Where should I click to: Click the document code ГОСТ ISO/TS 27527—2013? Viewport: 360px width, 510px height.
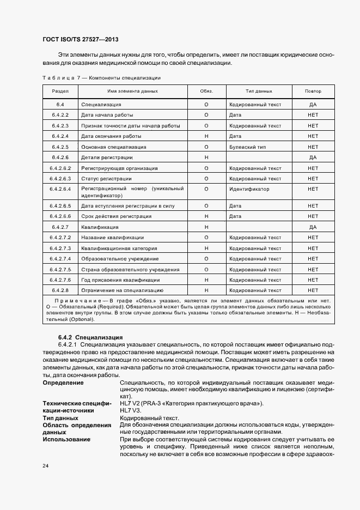tap(81, 40)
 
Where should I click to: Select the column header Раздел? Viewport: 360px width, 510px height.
tap(60, 91)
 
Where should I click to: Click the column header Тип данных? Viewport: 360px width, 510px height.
tap(259, 91)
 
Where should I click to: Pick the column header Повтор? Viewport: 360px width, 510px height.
tap(313, 91)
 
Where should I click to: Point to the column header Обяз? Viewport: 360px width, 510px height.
tap(206, 91)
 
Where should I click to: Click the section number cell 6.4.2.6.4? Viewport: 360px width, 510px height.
tap(60, 189)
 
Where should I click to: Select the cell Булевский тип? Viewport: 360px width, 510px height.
tap(248, 147)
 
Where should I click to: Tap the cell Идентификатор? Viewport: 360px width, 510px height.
tap(249, 189)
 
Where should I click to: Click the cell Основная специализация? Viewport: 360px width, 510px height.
tap(113, 147)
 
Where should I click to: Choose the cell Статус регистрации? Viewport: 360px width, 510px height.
tap(106, 179)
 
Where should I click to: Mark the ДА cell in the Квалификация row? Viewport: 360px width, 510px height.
tap(313, 227)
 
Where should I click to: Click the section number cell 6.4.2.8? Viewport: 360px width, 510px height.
tap(60, 290)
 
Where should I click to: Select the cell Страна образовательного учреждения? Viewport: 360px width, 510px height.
tap(130, 270)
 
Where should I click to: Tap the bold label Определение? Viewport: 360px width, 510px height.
tap(63, 383)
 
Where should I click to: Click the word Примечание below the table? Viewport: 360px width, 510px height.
tap(80, 302)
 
